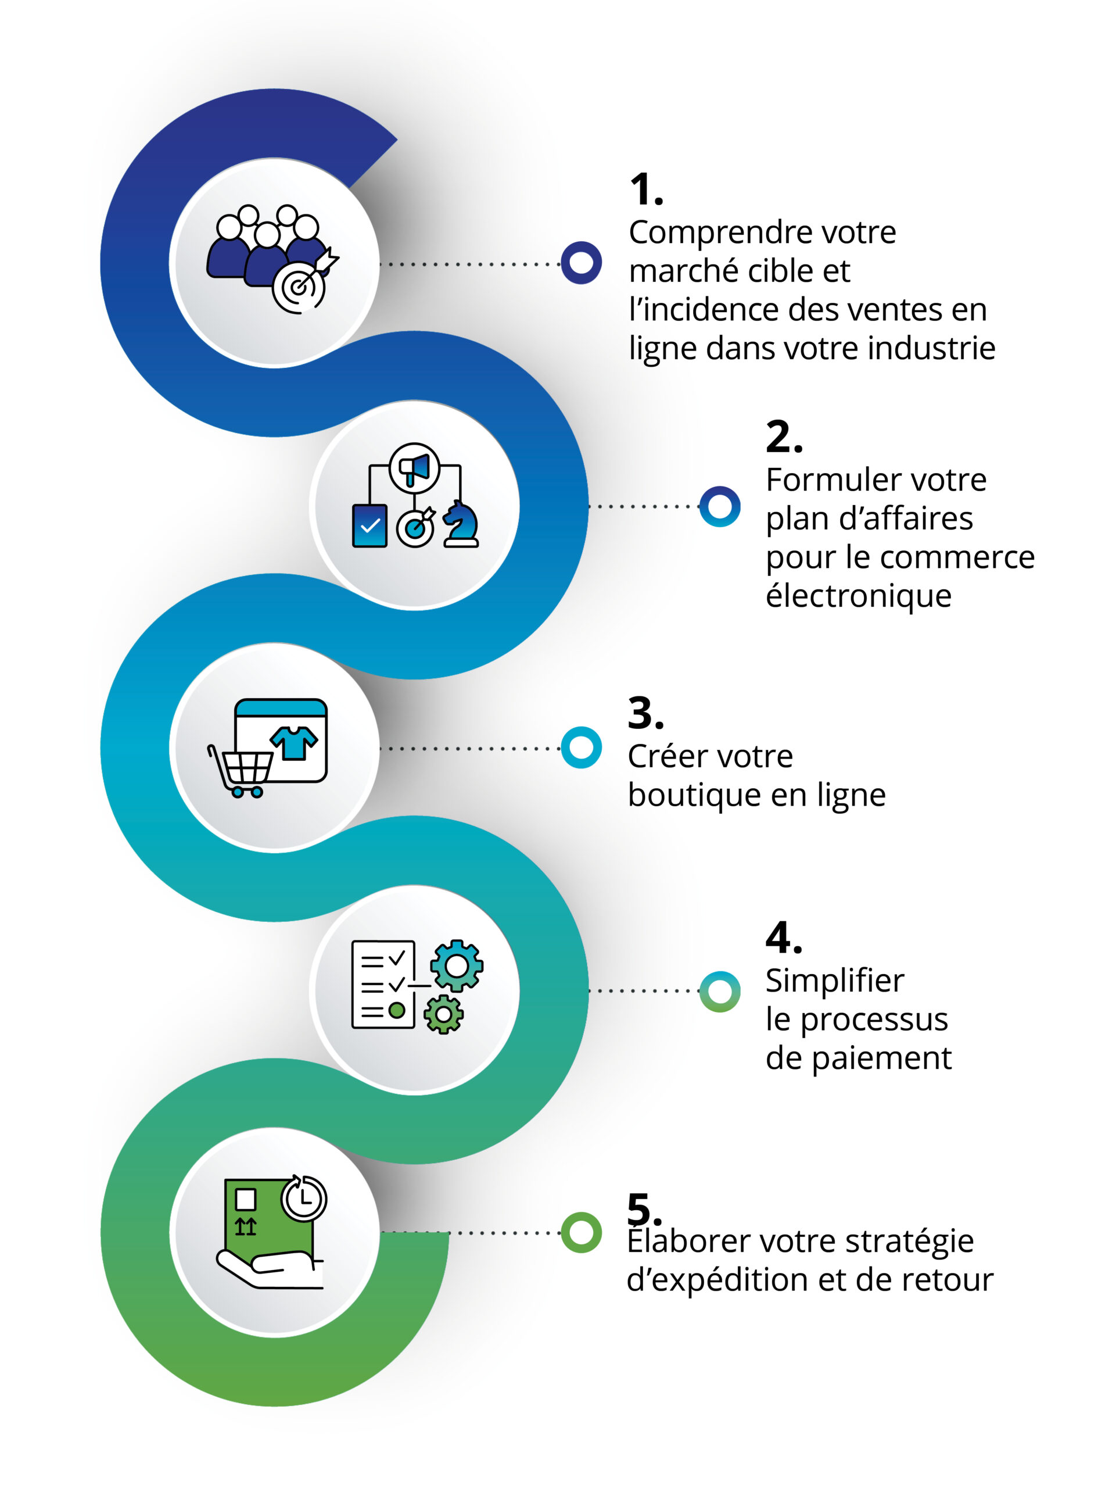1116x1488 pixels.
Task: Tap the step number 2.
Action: pos(783,437)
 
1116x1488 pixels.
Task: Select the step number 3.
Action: pos(645,713)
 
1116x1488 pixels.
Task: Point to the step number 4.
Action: pos(783,938)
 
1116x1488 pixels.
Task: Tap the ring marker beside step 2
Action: pos(719,506)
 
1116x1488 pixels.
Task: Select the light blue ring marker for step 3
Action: pos(581,747)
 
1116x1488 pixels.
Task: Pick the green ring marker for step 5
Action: pos(581,1232)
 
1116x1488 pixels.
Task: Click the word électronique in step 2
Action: pos(859,596)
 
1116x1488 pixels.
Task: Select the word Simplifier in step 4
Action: pos(834,981)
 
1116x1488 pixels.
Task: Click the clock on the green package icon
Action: pos(304,1198)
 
